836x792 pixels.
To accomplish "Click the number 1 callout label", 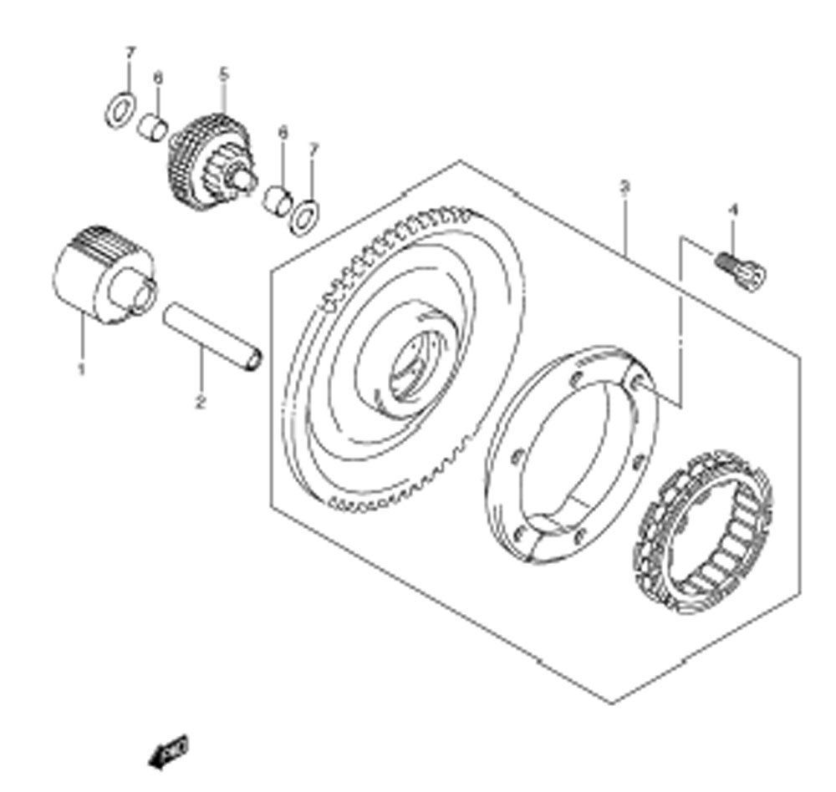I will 82,368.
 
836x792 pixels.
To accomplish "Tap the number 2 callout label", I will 200,403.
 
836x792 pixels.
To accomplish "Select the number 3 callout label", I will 624,186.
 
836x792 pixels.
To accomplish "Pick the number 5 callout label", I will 223,74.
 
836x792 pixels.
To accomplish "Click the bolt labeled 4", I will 740,268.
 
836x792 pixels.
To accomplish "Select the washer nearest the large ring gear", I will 304,216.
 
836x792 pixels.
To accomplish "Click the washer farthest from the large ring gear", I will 120,110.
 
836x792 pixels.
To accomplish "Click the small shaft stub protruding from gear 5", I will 246,179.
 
